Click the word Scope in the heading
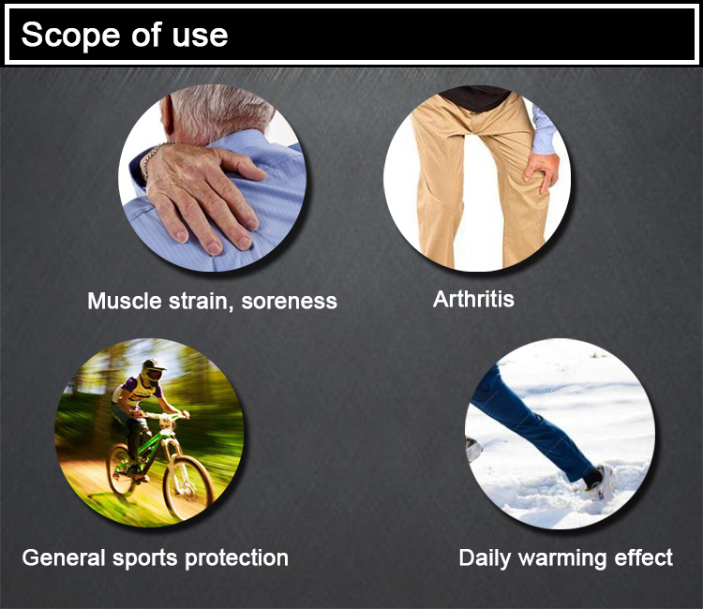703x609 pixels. click(70, 35)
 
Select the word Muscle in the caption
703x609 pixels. click(124, 300)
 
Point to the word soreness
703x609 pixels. click(290, 301)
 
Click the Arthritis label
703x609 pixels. click(473, 299)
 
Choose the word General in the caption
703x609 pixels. click(63, 557)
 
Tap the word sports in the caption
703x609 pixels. click(144, 558)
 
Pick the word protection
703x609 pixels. click(236, 558)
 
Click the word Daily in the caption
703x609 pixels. click(485, 558)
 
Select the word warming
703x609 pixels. click(562, 558)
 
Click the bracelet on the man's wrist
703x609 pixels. click(153, 156)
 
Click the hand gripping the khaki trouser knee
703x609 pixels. click(542, 171)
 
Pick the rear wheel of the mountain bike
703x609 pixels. click(121, 468)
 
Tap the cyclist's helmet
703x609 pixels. click(153, 372)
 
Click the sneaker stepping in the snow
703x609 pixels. click(601, 484)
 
